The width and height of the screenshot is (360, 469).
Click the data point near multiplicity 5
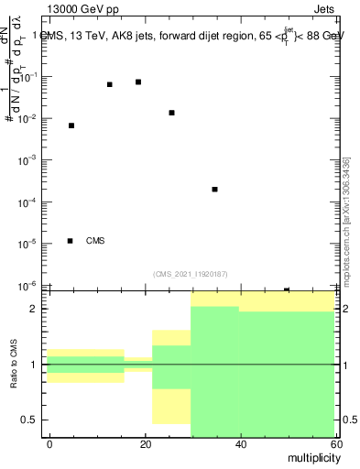pyautogui.click(x=71, y=125)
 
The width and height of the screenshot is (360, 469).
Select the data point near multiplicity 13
pyautogui.click(x=110, y=84)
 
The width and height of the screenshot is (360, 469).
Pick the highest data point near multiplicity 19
pyautogui.click(x=138, y=82)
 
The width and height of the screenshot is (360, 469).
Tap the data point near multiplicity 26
pyautogui.click(x=171, y=113)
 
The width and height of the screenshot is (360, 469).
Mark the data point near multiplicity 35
pyautogui.click(x=214, y=189)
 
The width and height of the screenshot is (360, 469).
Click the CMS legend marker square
pyautogui.click(x=71, y=241)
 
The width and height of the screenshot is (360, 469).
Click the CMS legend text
pyautogui.click(x=95, y=241)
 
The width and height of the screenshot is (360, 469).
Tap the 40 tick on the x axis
pyautogui.click(x=240, y=444)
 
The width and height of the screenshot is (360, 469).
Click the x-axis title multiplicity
pyautogui.click(x=311, y=456)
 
